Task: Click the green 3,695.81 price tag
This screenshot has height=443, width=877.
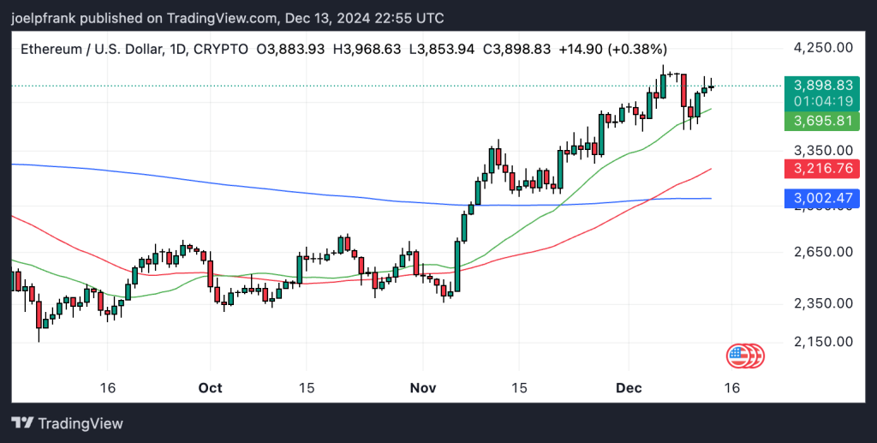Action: click(823, 121)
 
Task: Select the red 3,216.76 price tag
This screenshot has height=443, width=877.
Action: click(823, 169)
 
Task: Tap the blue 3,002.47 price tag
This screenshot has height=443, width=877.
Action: click(823, 199)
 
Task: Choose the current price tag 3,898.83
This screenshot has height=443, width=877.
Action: click(823, 86)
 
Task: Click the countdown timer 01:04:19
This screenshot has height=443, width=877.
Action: click(823, 102)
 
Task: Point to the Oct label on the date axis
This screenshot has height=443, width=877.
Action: click(210, 387)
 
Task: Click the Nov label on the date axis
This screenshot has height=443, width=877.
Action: click(423, 387)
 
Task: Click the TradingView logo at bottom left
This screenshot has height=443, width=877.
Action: click(68, 423)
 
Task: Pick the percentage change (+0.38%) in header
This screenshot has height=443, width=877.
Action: click(637, 50)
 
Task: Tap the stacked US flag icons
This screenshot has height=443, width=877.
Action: click(744, 355)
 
